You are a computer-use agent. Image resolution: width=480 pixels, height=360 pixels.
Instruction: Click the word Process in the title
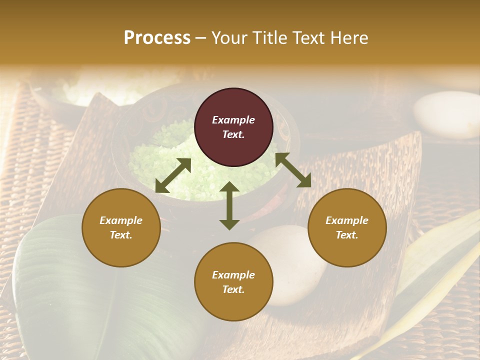coord(157,38)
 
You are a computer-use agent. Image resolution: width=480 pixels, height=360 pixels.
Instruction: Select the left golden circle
coord(121,227)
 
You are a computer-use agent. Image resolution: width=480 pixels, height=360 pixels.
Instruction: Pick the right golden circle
coord(347,227)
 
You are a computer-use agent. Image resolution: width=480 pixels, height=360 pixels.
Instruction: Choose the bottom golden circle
coord(233,281)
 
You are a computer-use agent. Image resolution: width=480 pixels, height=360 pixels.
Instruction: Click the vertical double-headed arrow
coord(229,205)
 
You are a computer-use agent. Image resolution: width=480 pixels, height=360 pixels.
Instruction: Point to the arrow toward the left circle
coord(173,175)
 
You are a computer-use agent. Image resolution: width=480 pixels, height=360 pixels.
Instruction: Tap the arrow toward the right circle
coord(293,170)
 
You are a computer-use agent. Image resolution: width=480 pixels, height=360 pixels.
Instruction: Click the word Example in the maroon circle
coord(233,120)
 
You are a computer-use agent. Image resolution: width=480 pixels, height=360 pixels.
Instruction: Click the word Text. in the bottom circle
coord(233,289)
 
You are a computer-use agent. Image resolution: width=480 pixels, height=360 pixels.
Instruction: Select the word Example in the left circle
coord(121,220)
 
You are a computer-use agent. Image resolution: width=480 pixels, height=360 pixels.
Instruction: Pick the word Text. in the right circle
coord(347,235)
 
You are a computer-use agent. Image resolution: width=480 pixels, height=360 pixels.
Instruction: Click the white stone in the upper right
coord(446,114)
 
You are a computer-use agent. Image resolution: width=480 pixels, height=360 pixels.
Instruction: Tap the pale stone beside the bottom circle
coord(295,265)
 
